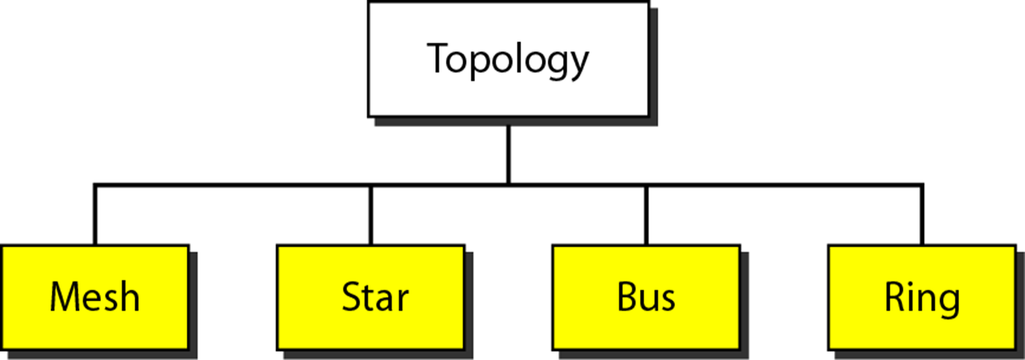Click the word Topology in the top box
[x=507, y=59]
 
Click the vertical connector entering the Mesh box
[x=95, y=215]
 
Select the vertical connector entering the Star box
[x=371, y=215]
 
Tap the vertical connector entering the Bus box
[x=646, y=215]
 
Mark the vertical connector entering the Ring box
[x=922, y=215]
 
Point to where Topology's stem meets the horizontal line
[x=508, y=184]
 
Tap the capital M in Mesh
[x=64, y=297]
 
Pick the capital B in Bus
[x=627, y=297]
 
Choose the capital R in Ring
[x=895, y=297]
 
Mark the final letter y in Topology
[x=578, y=64]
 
